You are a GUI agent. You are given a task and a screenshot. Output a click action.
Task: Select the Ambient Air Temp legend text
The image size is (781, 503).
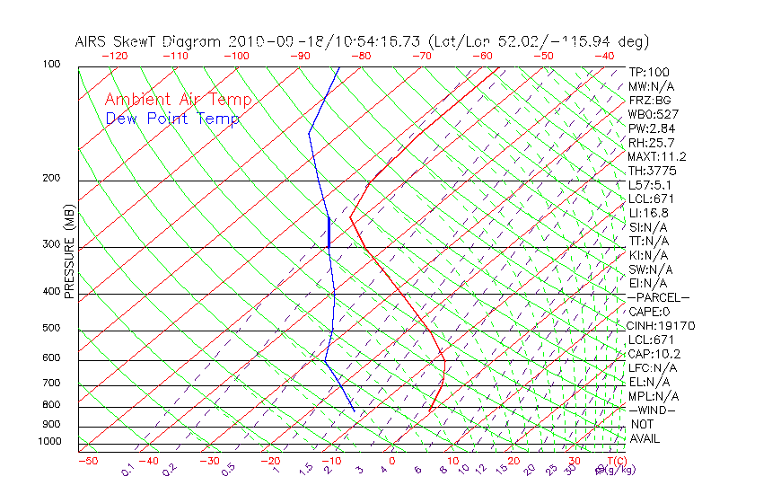[178, 100]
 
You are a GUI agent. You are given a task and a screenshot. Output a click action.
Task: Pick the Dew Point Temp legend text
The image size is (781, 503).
[172, 119]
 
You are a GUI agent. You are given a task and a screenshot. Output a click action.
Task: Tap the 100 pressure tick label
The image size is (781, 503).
[51, 65]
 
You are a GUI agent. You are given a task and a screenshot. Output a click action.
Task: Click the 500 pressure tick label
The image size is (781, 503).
[51, 329]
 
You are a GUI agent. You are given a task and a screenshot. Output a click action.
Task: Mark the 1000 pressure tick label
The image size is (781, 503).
[48, 441]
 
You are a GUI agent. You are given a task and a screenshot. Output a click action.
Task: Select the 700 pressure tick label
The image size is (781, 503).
[51, 384]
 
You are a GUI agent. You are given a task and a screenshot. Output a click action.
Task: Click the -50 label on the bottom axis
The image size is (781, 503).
[87, 461]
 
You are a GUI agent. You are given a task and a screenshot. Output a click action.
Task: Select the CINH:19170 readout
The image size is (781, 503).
[662, 325]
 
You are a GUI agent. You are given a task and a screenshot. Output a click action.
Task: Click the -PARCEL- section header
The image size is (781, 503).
[658, 297]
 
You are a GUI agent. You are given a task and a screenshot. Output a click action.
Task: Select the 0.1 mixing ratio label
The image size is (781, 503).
[127, 470]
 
